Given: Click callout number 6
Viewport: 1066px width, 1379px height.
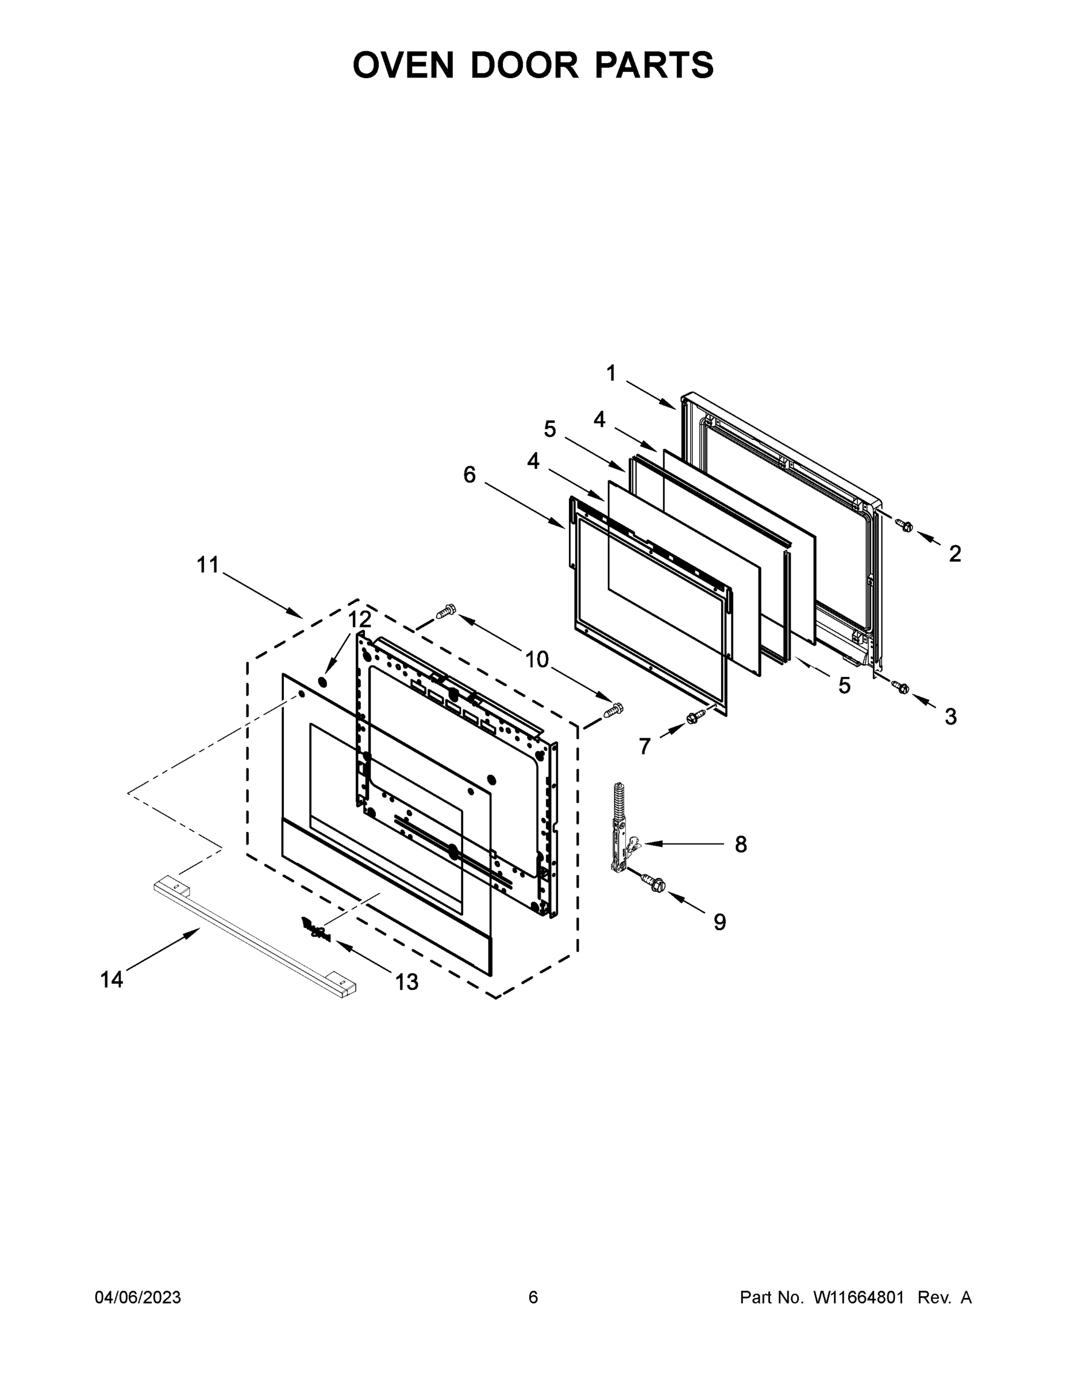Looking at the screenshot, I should click(x=469, y=474).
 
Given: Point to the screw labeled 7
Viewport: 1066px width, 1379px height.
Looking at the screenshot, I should click(x=695, y=717).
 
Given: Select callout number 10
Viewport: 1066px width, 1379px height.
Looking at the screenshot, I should click(x=537, y=660).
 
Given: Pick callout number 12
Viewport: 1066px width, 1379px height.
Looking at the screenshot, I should click(x=359, y=619).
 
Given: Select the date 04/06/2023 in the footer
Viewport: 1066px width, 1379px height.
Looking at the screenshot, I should click(x=138, y=1297).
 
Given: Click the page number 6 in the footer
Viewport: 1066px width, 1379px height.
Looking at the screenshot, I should click(x=533, y=1297).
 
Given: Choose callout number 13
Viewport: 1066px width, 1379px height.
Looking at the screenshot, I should click(x=407, y=981).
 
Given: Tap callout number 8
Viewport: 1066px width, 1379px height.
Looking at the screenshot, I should click(x=741, y=844).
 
